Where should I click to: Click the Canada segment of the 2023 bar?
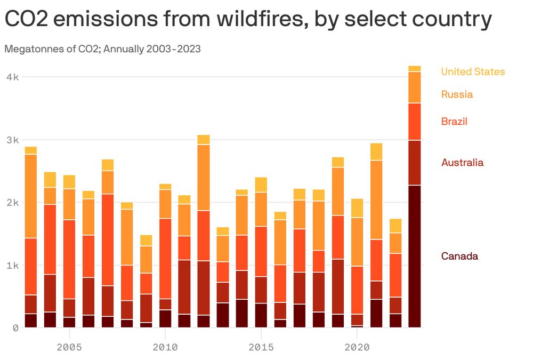(x=414, y=256)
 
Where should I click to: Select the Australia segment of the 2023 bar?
(x=414, y=163)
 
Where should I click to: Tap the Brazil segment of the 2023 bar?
(x=414, y=122)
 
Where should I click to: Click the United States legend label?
(x=472, y=71)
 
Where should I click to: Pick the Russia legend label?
(x=457, y=94)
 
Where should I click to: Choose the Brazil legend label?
(x=454, y=122)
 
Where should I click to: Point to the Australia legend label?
(x=462, y=163)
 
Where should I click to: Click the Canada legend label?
(x=459, y=257)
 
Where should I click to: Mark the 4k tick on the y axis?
(x=12, y=77)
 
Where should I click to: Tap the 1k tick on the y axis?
(x=12, y=265)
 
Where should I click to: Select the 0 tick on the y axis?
(x=15, y=327)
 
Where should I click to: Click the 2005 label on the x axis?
(x=69, y=347)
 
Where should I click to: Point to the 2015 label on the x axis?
(x=261, y=347)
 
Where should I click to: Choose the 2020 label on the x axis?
(x=357, y=347)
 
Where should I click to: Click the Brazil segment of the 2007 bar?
(x=108, y=240)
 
